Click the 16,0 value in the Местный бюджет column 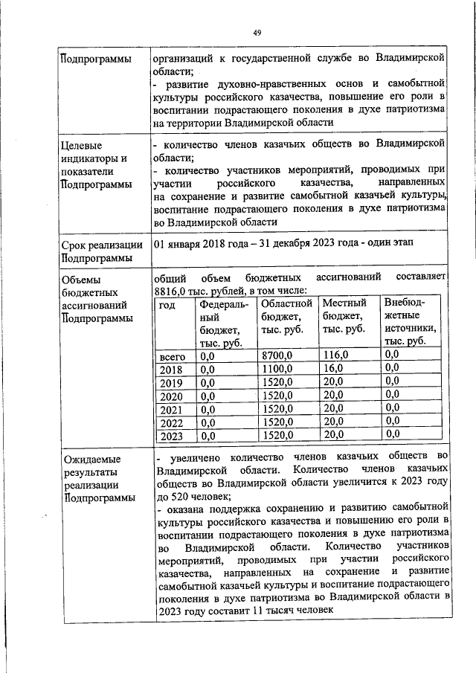pyautogui.click(x=334, y=369)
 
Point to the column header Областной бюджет pyautogui.click(x=286, y=316)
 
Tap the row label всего pyautogui.click(x=173, y=357)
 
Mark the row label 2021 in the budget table pyautogui.click(x=171, y=409)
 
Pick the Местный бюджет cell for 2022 pyautogui.click(x=334, y=421)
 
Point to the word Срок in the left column pyautogui.click(x=75, y=245)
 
